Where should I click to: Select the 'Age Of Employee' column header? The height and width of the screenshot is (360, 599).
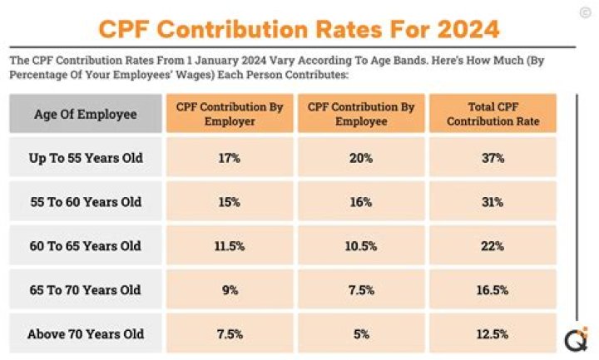point(86,114)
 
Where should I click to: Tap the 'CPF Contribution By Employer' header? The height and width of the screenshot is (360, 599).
point(230,114)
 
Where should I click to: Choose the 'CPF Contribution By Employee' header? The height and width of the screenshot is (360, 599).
point(361,114)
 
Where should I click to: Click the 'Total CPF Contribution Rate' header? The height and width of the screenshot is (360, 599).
point(493,114)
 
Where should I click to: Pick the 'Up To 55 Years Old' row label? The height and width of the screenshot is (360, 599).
point(86,158)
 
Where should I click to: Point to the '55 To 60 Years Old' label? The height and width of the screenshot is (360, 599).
point(86,202)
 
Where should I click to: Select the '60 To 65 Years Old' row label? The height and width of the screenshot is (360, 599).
point(86,246)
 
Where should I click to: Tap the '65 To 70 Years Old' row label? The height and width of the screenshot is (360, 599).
point(86,290)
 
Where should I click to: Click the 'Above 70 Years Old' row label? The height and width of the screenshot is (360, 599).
point(86,334)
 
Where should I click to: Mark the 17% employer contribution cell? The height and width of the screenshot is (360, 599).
point(230,158)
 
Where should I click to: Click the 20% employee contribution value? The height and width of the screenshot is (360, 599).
point(361,158)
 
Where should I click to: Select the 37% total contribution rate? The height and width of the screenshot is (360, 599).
point(493,158)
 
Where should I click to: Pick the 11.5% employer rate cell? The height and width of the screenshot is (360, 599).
point(230,246)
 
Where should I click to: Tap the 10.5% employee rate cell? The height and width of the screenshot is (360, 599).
point(361,246)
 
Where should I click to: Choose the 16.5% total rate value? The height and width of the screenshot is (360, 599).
point(493,290)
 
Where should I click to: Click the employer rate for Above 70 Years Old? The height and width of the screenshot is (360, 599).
point(230,334)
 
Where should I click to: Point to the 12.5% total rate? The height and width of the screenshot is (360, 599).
point(493,334)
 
